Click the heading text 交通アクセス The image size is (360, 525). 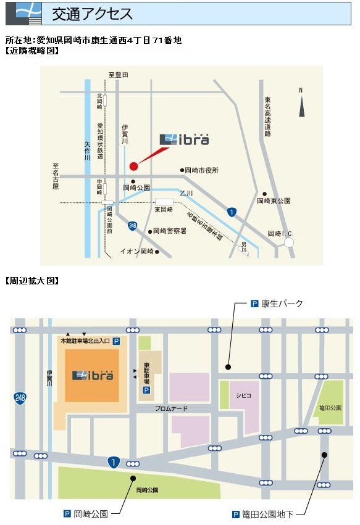92,13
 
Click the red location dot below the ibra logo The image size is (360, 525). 133,165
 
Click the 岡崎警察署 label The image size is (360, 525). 170,231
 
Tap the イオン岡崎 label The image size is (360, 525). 136,252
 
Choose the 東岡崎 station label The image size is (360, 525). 164,210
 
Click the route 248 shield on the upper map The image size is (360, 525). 133,226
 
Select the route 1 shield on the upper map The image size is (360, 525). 231,212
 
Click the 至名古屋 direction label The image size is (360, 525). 55,176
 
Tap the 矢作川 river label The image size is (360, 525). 87,150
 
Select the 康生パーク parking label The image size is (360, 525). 282,304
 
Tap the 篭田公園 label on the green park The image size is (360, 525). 330,407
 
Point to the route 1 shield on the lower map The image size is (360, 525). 113,461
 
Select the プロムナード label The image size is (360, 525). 171,408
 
